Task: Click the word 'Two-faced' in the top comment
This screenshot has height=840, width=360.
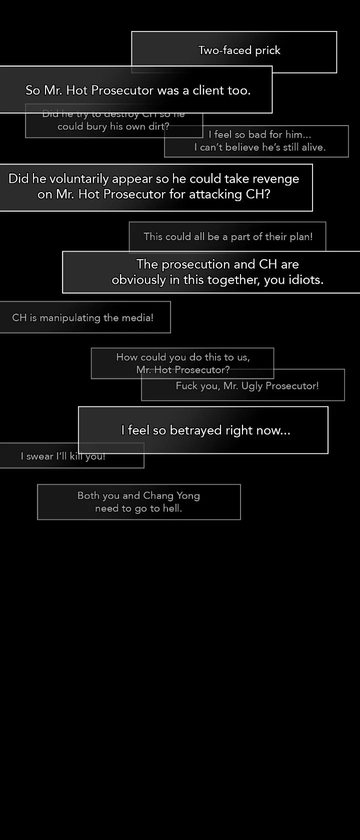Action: (x=218, y=50)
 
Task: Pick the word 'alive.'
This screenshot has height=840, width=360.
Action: (x=313, y=147)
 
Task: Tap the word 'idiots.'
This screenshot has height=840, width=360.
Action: (x=306, y=280)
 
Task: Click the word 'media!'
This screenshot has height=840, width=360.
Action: (x=137, y=318)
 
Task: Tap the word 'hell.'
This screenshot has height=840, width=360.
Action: (x=171, y=509)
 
